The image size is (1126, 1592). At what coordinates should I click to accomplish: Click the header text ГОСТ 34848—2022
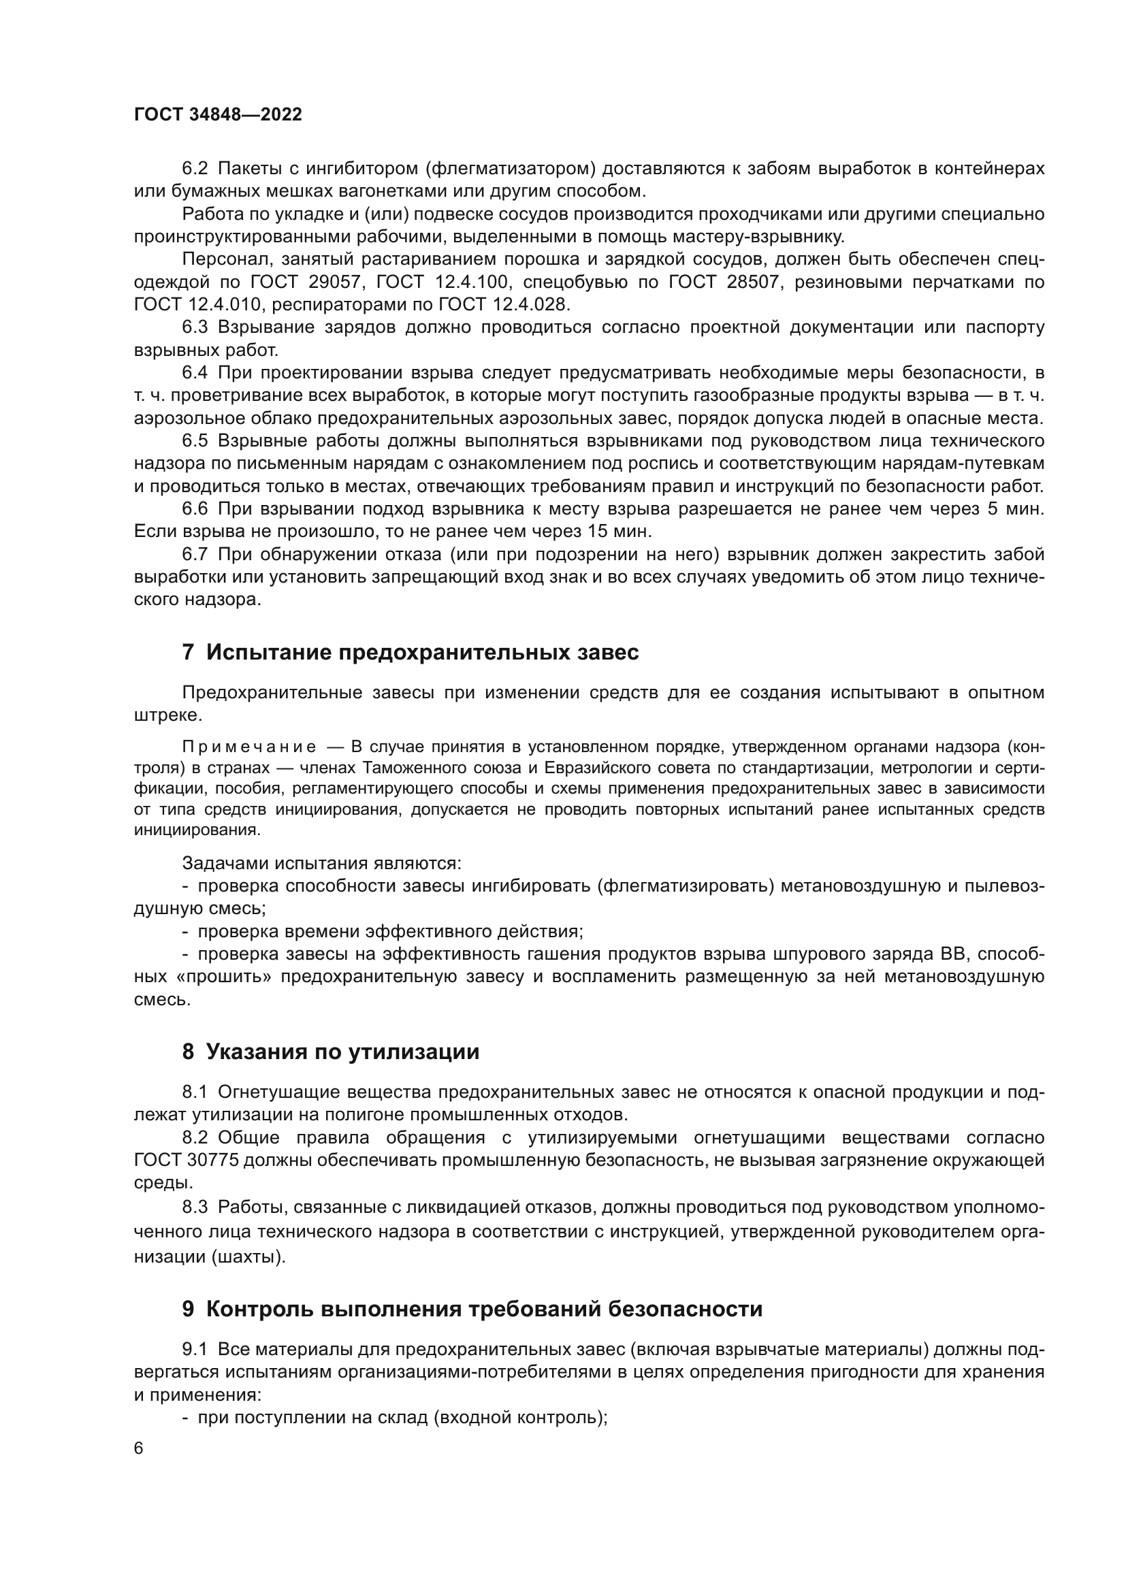[x=218, y=114]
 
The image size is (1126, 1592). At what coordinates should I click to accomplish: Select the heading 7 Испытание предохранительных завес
[x=410, y=652]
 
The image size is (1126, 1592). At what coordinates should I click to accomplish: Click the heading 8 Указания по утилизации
[x=331, y=1051]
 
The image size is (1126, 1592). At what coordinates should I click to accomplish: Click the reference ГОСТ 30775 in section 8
[x=186, y=1160]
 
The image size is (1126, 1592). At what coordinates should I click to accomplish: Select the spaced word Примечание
[x=249, y=747]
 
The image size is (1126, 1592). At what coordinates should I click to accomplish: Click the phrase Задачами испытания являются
[x=321, y=863]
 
